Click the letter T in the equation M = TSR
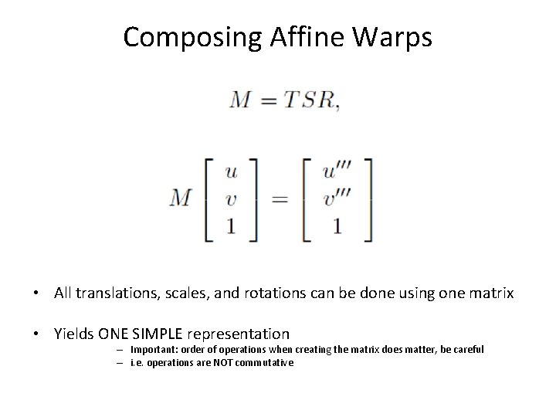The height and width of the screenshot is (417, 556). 290,101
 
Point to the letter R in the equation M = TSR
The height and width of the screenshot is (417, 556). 326,101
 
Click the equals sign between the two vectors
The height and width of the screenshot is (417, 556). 279,199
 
